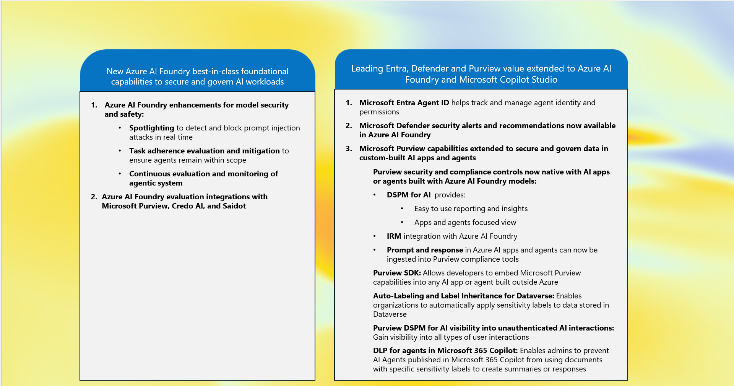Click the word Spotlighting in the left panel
pyautogui.click(x=151, y=128)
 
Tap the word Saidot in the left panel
pyautogui.click(x=234, y=206)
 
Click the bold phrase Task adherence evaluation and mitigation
pyautogui.click(x=204, y=151)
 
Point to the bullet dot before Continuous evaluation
pyautogui.click(x=120, y=174)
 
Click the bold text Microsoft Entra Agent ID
pyautogui.click(x=404, y=103)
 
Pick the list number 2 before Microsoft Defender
pyautogui.click(x=349, y=125)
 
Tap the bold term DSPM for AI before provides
pyautogui.click(x=408, y=195)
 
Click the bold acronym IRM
pyautogui.click(x=394, y=236)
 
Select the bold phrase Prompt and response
pyautogui.click(x=424, y=250)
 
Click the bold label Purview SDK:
pyautogui.click(x=397, y=273)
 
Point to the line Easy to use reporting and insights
pyautogui.click(x=471, y=208)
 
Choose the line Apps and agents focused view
pyautogui.click(x=465, y=222)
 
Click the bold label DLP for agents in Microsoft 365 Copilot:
pyautogui.click(x=445, y=350)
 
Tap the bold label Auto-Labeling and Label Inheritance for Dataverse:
pyautogui.click(x=463, y=296)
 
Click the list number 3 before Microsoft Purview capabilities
pyautogui.click(x=349, y=148)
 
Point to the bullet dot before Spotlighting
pyautogui.click(x=120, y=128)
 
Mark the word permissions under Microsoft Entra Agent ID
pyautogui.click(x=379, y=112)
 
